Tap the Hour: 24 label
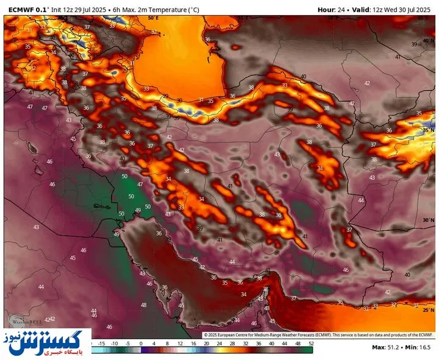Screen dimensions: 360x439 click(x=332, y=9)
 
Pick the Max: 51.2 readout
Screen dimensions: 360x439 click(x=387, y=348)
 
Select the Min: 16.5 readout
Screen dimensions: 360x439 click(x=420, y=348)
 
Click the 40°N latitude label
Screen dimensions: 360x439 click(x=428, y=40)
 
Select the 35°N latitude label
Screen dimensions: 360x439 click(x=428, y=130)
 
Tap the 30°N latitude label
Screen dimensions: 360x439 click(x=428, y=220)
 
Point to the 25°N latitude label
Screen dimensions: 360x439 click(x=428, y=310)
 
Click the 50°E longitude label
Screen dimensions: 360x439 click(x=153, y=18)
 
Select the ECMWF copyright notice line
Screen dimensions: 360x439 click(x=318, y=334)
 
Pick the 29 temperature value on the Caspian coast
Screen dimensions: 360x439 click(x=165, y=96)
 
